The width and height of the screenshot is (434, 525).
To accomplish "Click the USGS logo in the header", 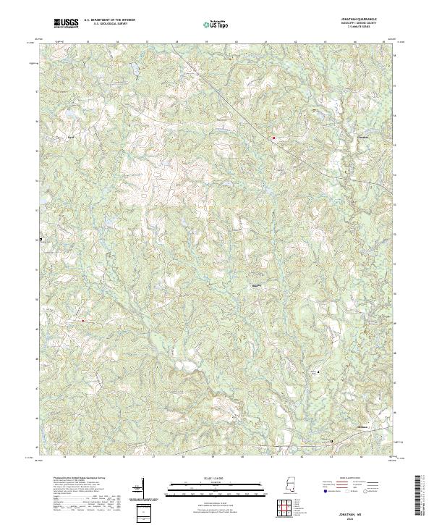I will (67, 23).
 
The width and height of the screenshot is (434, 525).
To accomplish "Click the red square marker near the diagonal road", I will (273, 137).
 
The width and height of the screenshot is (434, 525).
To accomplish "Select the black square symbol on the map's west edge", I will (41, 239).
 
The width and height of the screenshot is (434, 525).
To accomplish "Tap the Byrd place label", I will (70, 135).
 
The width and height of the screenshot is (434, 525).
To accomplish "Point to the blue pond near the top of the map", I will (133, 70).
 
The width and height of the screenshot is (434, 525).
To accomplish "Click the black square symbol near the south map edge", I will (332, 441).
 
